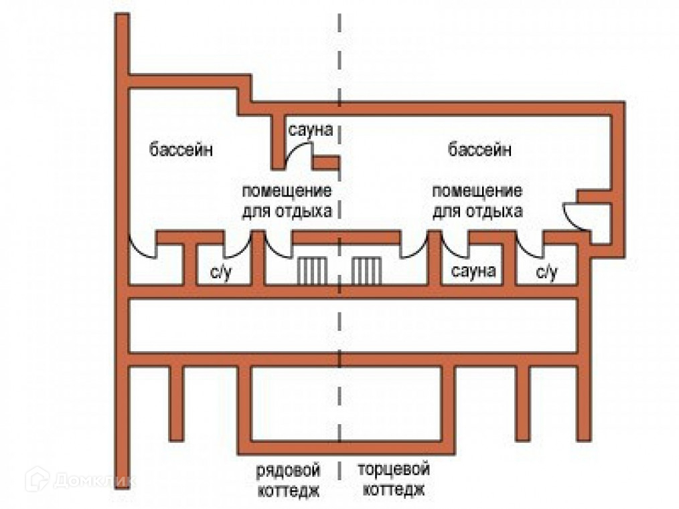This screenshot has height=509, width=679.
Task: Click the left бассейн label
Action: [181, 149]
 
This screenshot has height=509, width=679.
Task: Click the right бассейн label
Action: [479, 149]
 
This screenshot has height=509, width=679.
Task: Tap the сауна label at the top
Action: [310, 129]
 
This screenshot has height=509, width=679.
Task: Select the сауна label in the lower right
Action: [473, 272]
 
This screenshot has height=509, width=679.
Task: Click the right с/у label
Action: [546, 272]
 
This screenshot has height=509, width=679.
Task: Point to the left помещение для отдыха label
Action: [287, 201]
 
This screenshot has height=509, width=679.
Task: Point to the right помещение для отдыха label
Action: [477, 201]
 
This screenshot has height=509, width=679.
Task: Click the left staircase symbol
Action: [311, 270]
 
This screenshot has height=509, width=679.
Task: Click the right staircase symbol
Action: [367, 270]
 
